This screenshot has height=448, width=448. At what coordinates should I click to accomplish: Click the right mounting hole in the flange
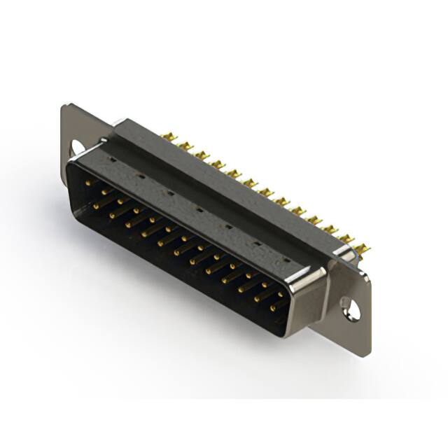(348, 307)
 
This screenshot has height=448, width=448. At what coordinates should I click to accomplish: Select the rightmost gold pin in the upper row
(279, 295)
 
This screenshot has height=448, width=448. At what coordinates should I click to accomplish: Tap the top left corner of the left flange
(65, 106)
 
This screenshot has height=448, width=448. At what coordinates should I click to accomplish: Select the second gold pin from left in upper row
(104, 191)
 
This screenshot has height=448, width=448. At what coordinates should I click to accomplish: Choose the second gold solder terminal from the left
(185, 145)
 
